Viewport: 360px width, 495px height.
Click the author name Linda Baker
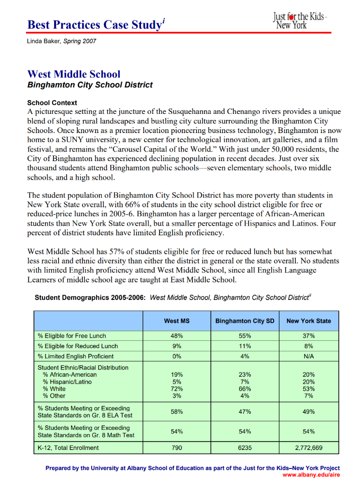pos(44,41)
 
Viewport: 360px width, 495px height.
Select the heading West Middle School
pos(74,74)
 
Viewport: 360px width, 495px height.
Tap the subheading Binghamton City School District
pos(90,85)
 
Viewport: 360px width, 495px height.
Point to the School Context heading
pos(52,103)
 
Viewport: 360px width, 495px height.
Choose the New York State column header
pos(308,321)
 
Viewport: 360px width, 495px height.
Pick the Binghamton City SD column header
pos(244,321)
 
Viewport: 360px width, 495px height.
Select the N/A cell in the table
pos(308,356)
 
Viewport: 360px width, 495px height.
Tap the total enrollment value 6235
pos(244,448)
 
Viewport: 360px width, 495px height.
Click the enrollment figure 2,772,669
pos(308,448)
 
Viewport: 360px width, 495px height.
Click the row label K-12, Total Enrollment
pos(68,448)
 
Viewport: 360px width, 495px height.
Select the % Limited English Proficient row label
pos(75,356)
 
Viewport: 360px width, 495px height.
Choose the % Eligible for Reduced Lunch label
pos(77,346)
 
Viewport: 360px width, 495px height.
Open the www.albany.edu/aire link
pos(311,475)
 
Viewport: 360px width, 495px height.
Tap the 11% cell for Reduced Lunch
pos(244,346)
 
